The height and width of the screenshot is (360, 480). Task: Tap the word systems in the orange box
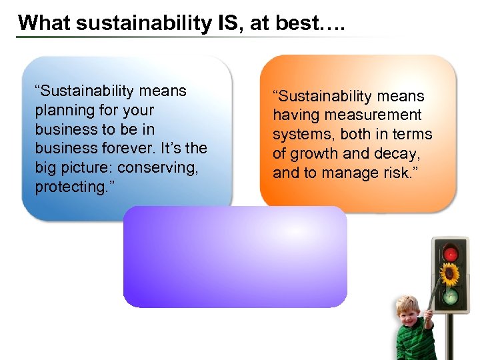(x=303, y=135)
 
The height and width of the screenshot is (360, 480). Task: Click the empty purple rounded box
(x=235, y=257)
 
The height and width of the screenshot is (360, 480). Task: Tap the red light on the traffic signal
(x=451, y=254)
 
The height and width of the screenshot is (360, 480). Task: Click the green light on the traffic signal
(x=451, y=294)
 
